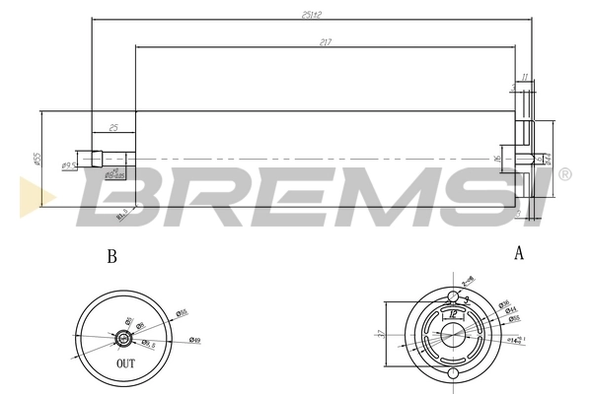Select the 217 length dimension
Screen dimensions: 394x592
pyautogui.click(x=325, y=41)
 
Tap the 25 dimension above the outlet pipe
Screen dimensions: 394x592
pyautogui.click(x=113, y=128)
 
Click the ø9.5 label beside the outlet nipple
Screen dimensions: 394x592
pyautogui.click(x=69, y=165)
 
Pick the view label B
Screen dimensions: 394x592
pyautogui.click(x=111, y=256)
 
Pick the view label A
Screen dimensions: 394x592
pyautogui.click(x=518, y=253)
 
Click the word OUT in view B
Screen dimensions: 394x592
pyautogui.click(x=125, y=363)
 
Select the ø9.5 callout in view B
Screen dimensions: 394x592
pyautogui.click(x=147, y=344)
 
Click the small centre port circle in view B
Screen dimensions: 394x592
pyautogui.click(x=123, y=338)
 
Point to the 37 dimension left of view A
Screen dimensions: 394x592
pyautogui.click(x=381, y=333)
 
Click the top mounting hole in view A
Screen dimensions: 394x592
pyautogui.click(x=452, y=296)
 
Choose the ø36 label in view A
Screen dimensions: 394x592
pyautogui.click(x=503, y=302)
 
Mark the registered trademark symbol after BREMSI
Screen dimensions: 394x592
pyautogui.click(x=564, y=174)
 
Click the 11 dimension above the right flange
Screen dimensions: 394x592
pyautogui.click(x=525, y=76)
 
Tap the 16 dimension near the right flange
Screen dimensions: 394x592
pyautogui.click(x=498, y=157)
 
